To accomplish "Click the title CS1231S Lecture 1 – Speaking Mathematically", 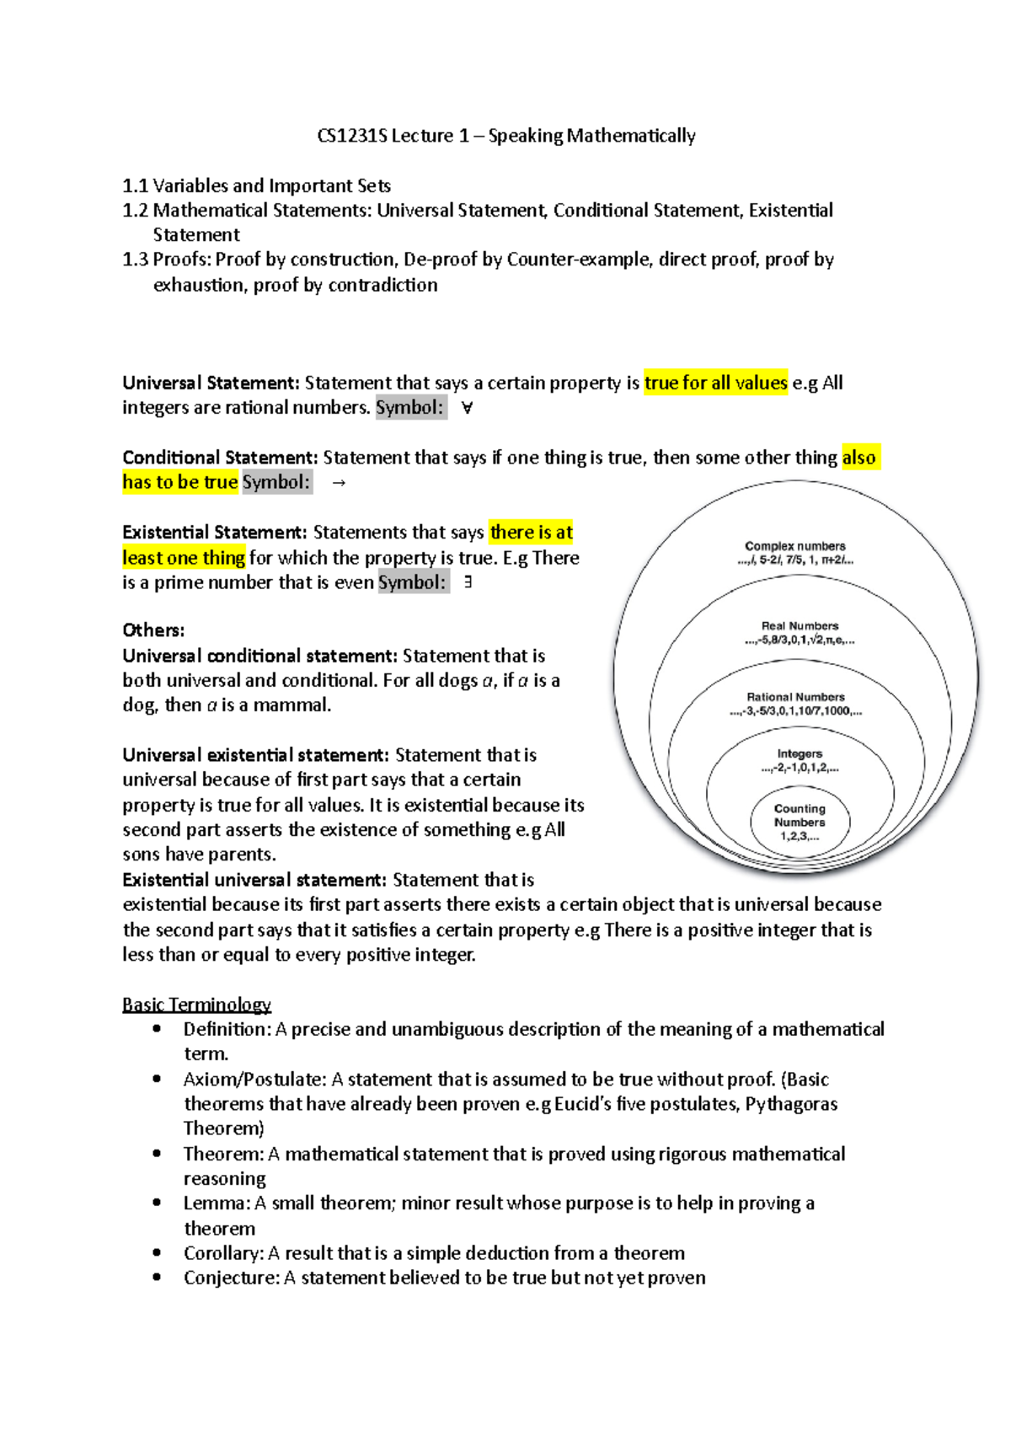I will (x=506, y=136).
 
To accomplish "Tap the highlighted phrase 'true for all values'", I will (x=715, y=383).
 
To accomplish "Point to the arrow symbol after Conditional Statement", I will (x=339, y=483).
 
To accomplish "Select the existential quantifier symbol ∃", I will (x=468, y=582).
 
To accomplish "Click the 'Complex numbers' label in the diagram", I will (x=794, y=546).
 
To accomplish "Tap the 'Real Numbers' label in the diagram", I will (x=800, y=626).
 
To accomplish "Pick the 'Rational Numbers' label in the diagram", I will (x=795, y=697).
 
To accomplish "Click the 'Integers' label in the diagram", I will (x=800, y=754).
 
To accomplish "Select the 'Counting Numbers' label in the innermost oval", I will (x=800, y=815).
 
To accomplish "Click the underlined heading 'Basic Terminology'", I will (x=196, y=1005).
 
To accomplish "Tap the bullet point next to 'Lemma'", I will (x=157, y=1203).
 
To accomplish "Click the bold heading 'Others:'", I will (x=153, y=630).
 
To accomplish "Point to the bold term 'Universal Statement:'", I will (x=211, y=383).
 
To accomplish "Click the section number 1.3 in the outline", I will (x=135, y=260).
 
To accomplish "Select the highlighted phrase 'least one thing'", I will (x=184, y=558).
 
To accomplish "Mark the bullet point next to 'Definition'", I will (x=157, y=1029).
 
